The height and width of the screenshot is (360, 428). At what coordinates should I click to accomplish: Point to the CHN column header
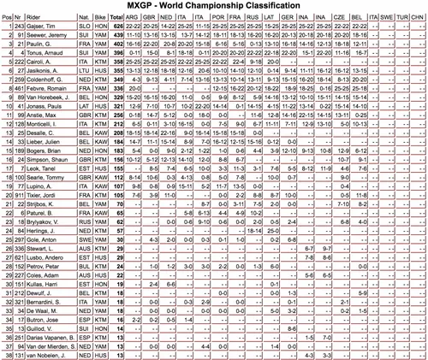pyautogui.click(x=418, y=16)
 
